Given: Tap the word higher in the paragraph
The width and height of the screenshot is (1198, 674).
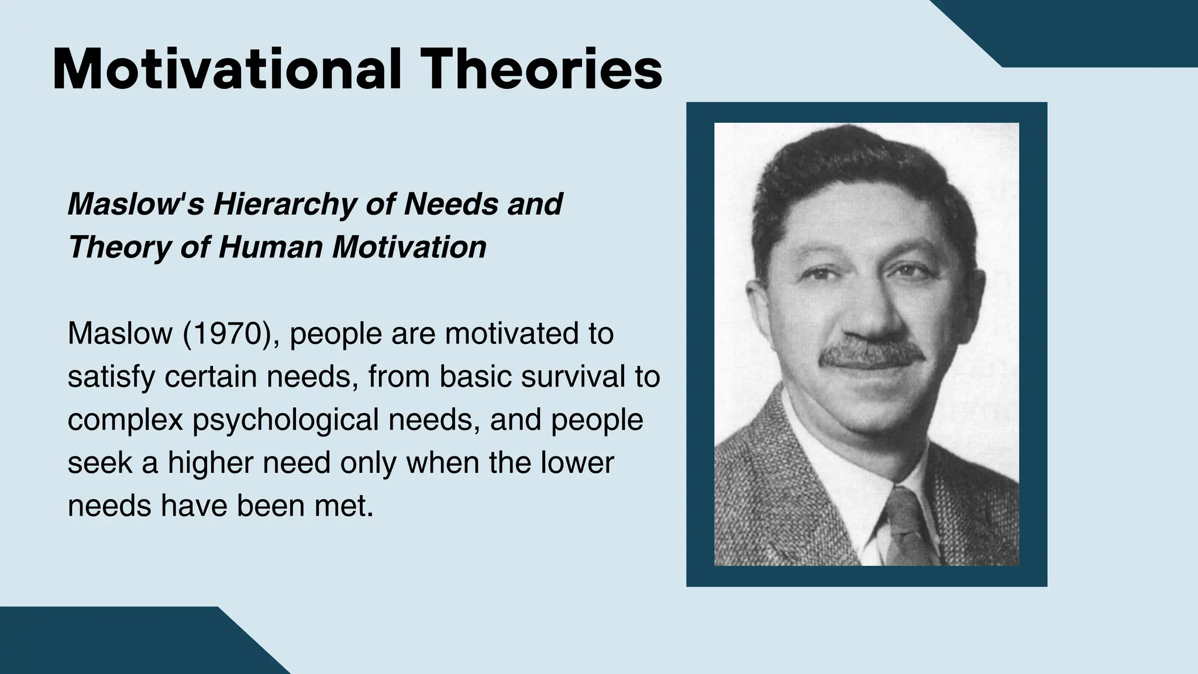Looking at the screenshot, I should pyautogui.click(x=211, y=463).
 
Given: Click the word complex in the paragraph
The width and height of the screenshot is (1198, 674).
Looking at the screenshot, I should pyautogui.click(x=125, y=420).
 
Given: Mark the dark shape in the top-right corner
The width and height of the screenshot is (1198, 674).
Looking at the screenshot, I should pyautogui.click(x=1088, y=29).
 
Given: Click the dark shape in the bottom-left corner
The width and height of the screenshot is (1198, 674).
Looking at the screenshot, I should pyautogui.click(x=117, y=644).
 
